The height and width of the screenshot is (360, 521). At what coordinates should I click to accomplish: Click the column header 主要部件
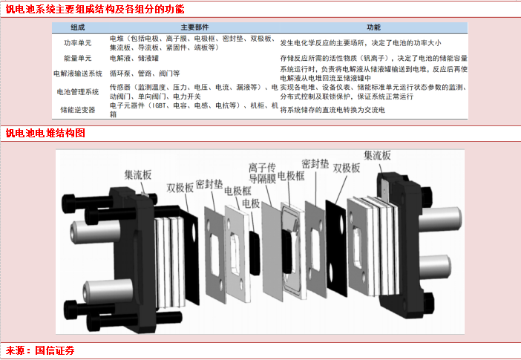pos(194,27)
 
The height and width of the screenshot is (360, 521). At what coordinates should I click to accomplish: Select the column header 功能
pos(373,27)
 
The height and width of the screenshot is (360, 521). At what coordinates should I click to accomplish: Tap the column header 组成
pos(78,27)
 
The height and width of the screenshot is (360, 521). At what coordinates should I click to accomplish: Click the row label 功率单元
pos(78,43)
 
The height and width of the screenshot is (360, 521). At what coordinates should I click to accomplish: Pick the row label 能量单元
pos(78,58)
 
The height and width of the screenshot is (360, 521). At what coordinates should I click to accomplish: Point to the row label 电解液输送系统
pos(78,73)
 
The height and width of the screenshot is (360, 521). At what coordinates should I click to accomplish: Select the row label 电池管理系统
pos(78,92)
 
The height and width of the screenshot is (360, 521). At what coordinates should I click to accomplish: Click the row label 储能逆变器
pos(78,110)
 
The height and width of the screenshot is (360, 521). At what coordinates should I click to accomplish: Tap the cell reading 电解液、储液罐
pos(134,58)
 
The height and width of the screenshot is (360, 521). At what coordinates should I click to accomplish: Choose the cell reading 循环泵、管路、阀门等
pos(145,73)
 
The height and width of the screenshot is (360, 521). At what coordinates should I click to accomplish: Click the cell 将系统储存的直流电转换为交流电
pos(332,110)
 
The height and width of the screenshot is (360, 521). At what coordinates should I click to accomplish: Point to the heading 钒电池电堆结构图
pos(45,134)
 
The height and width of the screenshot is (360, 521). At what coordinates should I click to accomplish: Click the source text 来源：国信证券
pos(40,350)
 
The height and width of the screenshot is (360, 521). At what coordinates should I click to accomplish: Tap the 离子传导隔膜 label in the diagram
pos(263,173)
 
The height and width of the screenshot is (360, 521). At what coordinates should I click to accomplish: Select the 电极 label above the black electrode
pos(251,203)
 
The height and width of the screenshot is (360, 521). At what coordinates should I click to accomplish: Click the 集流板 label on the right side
pos(377,155)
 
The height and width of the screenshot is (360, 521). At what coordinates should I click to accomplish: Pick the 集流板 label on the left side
pos(138,174)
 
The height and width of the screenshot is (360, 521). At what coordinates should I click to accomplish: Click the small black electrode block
pos(255,252)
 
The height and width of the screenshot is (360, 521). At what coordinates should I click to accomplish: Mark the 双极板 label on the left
pos(180,188)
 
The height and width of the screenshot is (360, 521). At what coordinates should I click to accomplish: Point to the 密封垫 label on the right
pos(315,163)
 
